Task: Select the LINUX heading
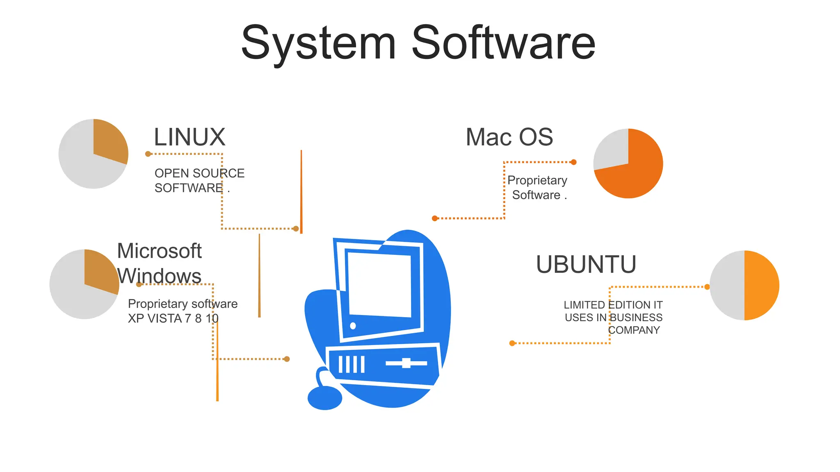point(189,137)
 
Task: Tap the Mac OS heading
point(509,137)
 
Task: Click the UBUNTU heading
point(586,264)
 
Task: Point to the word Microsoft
point(159,251)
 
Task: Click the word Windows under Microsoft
point(159,276)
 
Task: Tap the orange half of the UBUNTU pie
point(761,285)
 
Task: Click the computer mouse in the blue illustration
point(324,397)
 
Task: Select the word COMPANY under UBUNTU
point(634,330)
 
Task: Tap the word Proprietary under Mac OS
point(537,180)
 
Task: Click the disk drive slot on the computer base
point(406,363)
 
